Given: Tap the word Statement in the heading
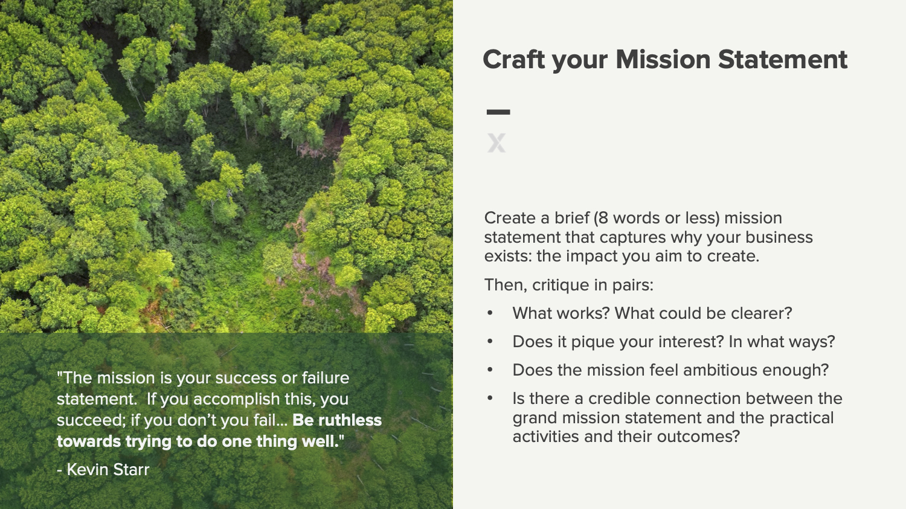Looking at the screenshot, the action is (783, 59).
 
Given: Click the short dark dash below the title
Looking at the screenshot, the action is (498, 112).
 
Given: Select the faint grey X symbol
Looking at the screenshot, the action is (496, 142).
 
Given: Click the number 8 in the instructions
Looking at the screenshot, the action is (603, 218).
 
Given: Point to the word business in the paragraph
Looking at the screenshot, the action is (779, 237).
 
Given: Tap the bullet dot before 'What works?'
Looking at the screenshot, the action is (490, 313).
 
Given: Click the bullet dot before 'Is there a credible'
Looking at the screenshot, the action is (490, 398).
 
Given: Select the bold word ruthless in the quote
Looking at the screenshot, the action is (350, 420).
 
